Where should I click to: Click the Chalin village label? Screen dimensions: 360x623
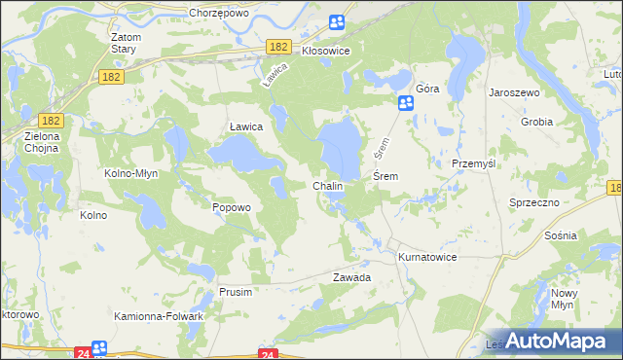pos(327,185)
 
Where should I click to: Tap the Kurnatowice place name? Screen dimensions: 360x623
pos(427,257)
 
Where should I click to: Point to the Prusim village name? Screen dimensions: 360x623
pos(236,292)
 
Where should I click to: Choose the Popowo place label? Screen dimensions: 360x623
pos(232,207)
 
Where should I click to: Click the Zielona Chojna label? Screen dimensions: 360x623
pos(42,142)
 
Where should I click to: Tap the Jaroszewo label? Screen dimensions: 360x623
pos(514,90)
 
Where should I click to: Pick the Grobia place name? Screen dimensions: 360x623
pos(536,123)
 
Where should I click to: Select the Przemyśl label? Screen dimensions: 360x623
pos(474,163)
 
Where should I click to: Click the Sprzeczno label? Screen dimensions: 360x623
pos(533,201)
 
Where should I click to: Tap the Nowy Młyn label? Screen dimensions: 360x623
pos(565,299)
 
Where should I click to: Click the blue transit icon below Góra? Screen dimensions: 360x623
pos(406,103)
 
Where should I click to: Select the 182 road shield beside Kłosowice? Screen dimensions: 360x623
pos(279,47)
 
